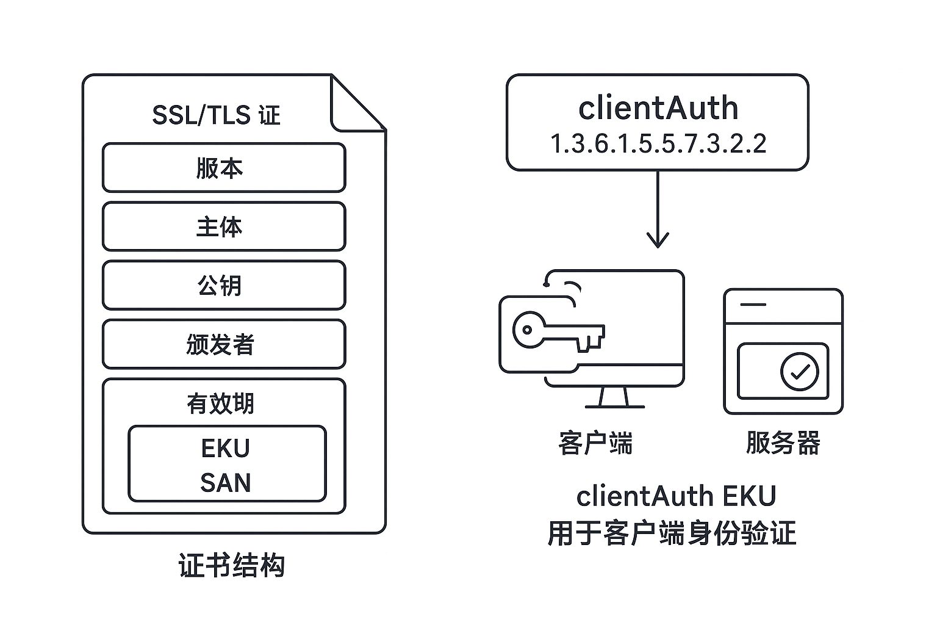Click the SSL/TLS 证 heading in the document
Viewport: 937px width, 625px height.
216,115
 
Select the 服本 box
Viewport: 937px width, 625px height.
223,168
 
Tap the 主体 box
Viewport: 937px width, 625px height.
223,226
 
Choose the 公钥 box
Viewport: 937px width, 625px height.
223,285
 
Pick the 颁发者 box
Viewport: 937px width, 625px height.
223,344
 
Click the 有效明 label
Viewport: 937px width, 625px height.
220,403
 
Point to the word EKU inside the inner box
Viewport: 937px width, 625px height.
226,449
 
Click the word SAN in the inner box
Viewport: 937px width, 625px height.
226,483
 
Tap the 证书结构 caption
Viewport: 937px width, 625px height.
232,565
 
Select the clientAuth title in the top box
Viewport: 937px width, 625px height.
658,108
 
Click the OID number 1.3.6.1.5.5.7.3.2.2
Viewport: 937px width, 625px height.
658,144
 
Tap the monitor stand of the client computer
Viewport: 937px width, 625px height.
614,398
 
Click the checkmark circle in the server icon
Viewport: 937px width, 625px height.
799,370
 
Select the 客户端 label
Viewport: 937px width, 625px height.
595,443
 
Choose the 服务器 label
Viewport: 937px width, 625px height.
783,443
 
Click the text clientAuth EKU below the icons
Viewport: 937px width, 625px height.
676,496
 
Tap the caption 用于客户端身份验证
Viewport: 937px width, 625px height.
672,533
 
